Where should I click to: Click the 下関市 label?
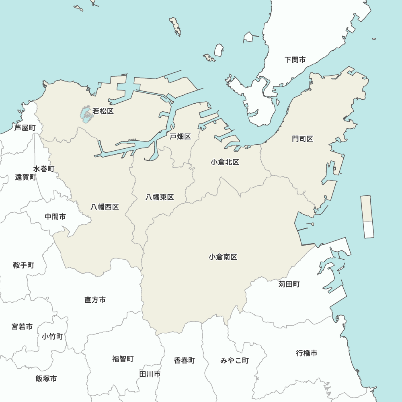pyautogui.click(x=295, y=60)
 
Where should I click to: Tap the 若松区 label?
pyautogui.click(x=103, y=111)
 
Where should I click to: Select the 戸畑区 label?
pyautogui.click(x=180, y=137)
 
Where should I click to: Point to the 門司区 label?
pyautogui.click(x=303, y=139)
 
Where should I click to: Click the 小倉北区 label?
pyautogui.click(x=225, y=162)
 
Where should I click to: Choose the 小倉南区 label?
pyautogui.click(x=223, y=257)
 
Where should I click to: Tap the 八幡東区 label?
pyautogui.click(x=160, y=197)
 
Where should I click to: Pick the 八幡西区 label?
pyautogui.click(x=105, y=207)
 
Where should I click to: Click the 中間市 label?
pyautogui.click(x=55, y=217)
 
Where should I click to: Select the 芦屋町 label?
pyautogui.click(x=25, y=128)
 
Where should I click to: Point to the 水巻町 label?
pyautogui.click(x=44, y=169)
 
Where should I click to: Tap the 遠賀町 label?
pyautogui.click(x=26, y=177)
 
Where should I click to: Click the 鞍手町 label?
pyautogui.click(x=23, y=265)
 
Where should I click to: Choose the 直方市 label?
pyautogui.click(x=95, y=300)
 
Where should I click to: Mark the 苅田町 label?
pyautogui.click(x=289, y=284)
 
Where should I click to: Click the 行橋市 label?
pyautogui.click(x=307, y=353)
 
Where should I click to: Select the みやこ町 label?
pyautogui.click(x=235, y=361)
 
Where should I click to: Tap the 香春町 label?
pyautogui.click(x=185, y=361)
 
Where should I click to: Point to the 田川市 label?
pyautogui.click(x=150, y=374)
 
